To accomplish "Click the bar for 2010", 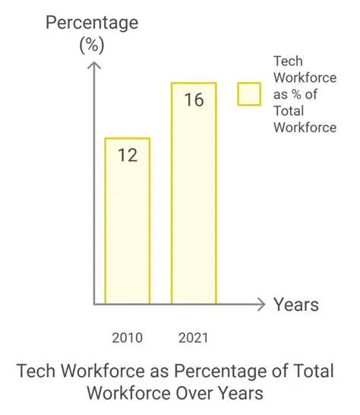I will click(x=127, y=220).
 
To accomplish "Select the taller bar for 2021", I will click(x=194, y=193).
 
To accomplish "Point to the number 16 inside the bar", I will click(x=194, y=100).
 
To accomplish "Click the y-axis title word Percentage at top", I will click(x=92, y=22).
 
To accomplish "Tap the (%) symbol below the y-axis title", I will click(x=93, y=45).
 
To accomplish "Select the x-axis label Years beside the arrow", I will click(x=296, y=305).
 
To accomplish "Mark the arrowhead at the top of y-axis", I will click(x=93, y=66).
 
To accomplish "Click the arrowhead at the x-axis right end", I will click(x=262, y=305).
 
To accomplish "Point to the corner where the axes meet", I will click(x=93, y=305).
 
